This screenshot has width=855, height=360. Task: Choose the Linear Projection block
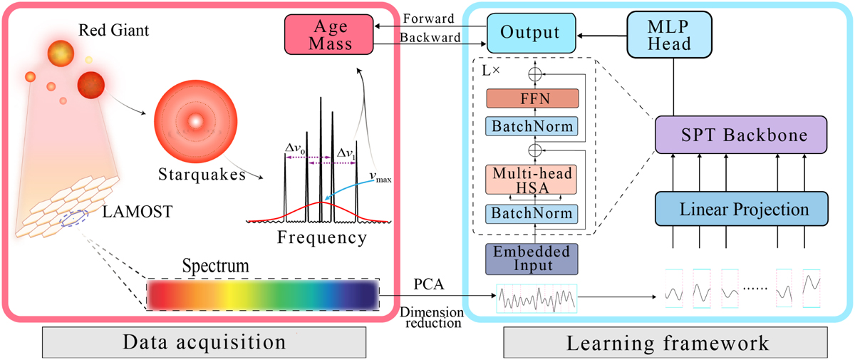pos(741,210)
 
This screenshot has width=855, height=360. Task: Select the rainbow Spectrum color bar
pos(263,294)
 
